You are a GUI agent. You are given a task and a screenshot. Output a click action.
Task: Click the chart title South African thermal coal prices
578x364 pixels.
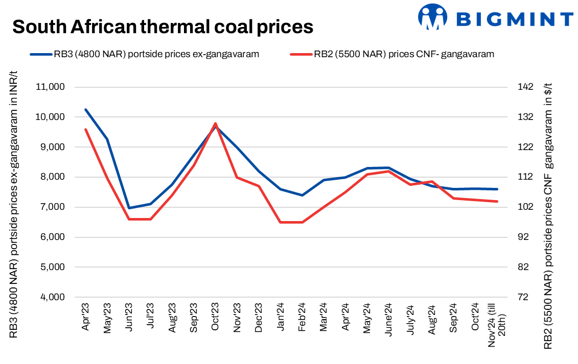click(x=163, y=27)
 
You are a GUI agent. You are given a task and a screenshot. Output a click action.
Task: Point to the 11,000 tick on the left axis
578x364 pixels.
click(x=50, y=87)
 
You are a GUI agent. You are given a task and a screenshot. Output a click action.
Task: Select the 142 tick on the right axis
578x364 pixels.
click(x=525, y=87)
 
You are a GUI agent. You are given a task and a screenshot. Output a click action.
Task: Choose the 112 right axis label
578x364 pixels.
click(x=525, y=177)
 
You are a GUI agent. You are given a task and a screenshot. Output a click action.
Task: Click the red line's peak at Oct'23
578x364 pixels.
click(x=215, y=124)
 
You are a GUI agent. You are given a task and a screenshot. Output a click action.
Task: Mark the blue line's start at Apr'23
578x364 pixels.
click(x=86, y=109)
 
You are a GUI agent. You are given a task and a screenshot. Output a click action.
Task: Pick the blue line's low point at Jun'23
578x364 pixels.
click(x=129, y=208)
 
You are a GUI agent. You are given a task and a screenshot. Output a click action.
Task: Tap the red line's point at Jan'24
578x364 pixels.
click(x=280, y=222)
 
